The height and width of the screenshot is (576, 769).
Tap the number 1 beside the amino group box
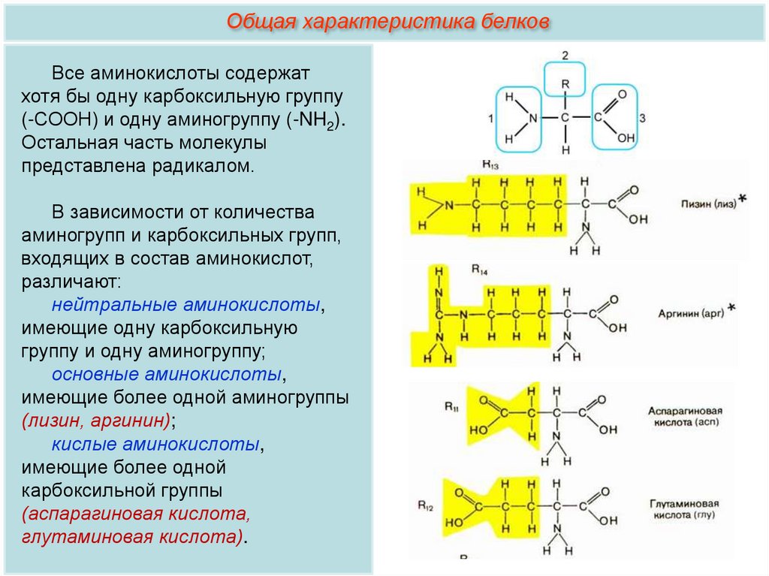490,119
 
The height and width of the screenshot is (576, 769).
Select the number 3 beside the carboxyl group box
643,119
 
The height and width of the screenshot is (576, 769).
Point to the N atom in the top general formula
532,119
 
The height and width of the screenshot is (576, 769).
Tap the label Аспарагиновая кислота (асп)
684,418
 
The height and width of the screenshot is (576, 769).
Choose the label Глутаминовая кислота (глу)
683,509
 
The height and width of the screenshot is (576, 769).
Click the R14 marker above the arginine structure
479,268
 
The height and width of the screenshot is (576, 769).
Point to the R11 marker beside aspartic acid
451,407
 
